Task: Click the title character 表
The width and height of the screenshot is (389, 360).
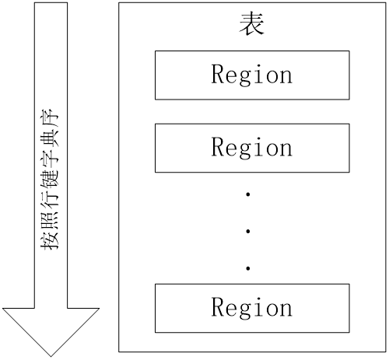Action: (x=251, y=24)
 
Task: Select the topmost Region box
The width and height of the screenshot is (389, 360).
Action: (x=252, y=75)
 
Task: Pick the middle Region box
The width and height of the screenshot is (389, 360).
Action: (x=252, y=148)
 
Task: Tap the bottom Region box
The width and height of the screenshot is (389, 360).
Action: (x=252, y=308)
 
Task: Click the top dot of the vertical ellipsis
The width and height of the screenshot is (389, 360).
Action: (x=248, y=194)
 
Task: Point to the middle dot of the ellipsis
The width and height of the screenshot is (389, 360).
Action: (x=248, y=231)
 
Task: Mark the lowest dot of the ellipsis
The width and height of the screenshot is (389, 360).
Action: (x=248, y=268)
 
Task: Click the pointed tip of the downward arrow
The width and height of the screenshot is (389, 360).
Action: (x=51, y=356)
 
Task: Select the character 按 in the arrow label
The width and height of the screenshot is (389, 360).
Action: (x=50, y=240)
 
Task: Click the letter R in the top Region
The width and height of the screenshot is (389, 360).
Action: (x=218, y=74)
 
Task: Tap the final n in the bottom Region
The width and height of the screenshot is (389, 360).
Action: (x=286, y=309)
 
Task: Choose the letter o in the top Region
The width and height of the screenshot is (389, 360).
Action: (x=272, y=77)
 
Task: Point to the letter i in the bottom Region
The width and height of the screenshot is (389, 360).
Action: (x=258, y=306)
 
